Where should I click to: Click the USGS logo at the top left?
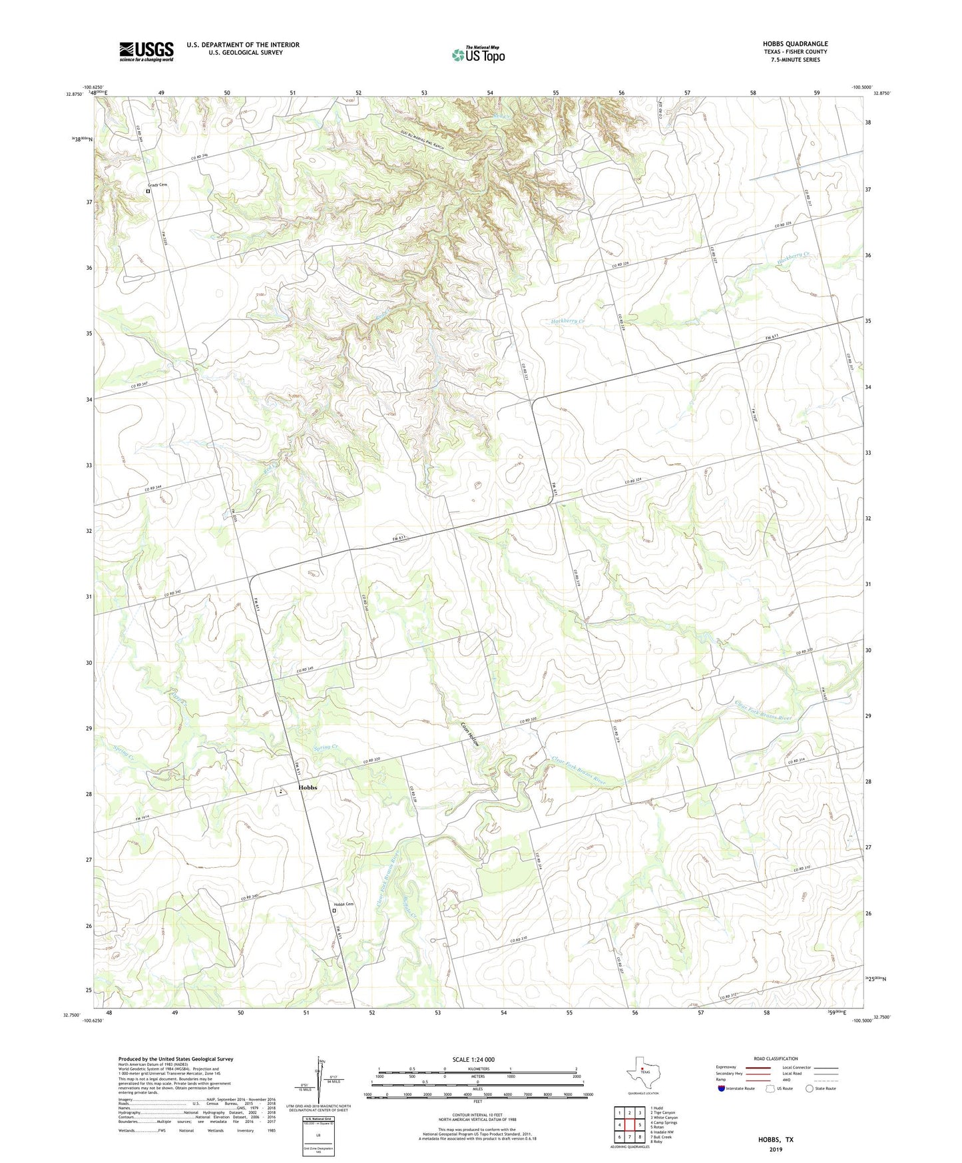[146, 51]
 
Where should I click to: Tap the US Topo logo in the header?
[477, 55]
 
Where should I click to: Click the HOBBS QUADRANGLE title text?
[795, 44]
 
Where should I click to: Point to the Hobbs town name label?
[308, 787]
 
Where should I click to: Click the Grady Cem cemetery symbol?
[148, 191]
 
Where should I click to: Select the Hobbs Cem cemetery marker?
[334, 911]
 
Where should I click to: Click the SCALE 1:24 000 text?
[473, 1059]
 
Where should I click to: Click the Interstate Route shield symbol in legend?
[722, 1088]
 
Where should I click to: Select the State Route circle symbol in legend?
[810, 1088]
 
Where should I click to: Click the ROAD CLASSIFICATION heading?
[776, 1058]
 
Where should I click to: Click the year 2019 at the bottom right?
[776, 1149]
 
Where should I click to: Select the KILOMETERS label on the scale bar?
[477, 1068]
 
